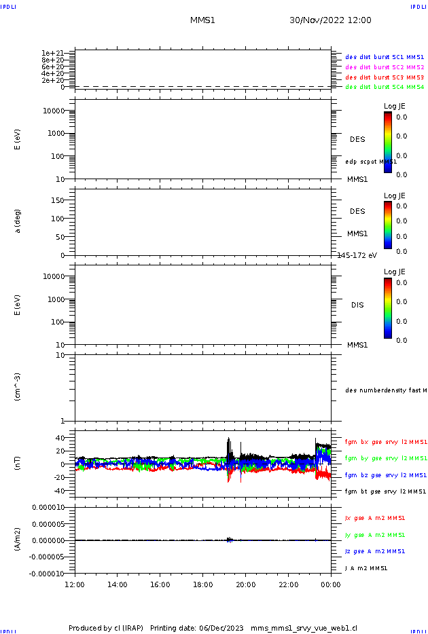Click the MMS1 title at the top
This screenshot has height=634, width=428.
[202, 20]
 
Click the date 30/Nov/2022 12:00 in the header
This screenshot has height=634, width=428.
[330, 20]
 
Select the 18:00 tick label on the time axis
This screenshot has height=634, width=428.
[203, 584]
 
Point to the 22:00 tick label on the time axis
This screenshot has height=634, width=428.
[289, 584]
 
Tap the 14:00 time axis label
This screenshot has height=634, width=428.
[118, 584]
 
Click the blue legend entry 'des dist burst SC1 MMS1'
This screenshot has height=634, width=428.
[385, 57]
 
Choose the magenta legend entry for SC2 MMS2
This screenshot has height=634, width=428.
[385, 67]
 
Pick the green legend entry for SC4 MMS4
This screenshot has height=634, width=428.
[385, 87]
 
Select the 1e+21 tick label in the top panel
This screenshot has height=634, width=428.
[52, 53]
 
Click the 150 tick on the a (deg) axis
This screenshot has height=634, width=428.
[58, 201]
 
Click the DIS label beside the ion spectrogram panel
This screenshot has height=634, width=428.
[357, 305]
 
